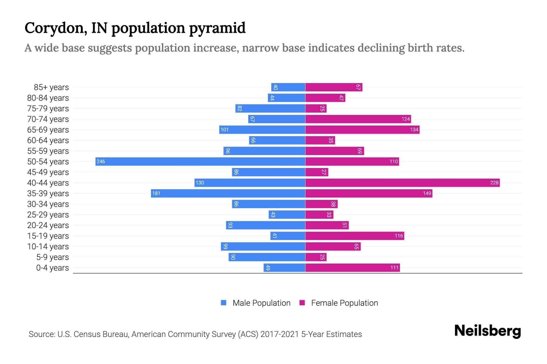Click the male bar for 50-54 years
pyautogui.click(x=201, y=161)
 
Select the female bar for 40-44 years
pyautogui.click(x=402, y=183)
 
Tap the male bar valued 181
pyautogui.click(x=228, y=193)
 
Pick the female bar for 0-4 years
pyautogui.click(x=353, y=268)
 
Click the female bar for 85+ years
pyautogui.click(x=334, y=87)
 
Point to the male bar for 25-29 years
pyautogui.click(x=287, y=214)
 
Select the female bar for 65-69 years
pyautogui.click(x=362, y=130)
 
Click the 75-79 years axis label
pyautogui.click(x=48, y=109)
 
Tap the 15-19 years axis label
pyautogui.click(x=48, y=236)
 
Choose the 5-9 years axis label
pyautogui.click(x=52, y=257)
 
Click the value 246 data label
pyautogui.click(x=101, y=162)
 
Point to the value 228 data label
pyautogui.click(x=494, y=183)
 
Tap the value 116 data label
pyautogui.click(x=399, y=236)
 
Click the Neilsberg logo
pyautogui.click(x=487, y=331)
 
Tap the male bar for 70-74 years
pyautogui.click(x=277, y=119)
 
